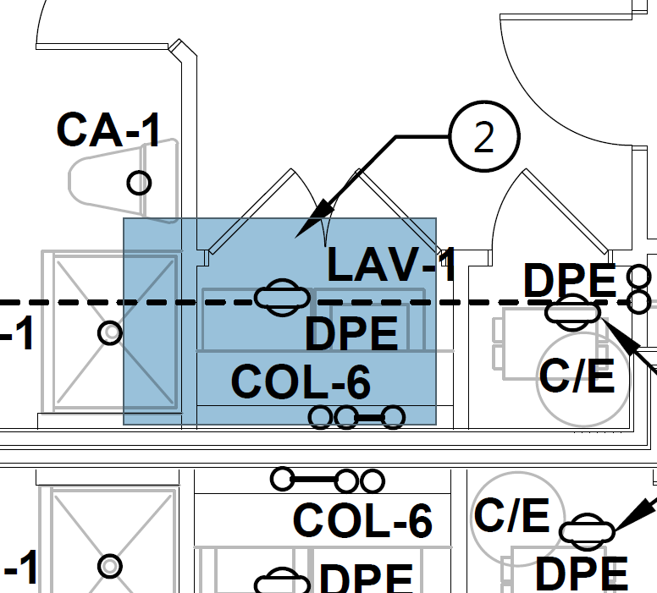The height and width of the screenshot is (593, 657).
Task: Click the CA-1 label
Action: coord(108,129)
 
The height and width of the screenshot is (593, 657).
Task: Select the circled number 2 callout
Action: coord(483,137)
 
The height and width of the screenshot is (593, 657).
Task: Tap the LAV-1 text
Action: coord(391,265)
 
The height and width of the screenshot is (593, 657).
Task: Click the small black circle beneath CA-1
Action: coord(139,182)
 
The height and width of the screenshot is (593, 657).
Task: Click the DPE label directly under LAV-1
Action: coord(351,334)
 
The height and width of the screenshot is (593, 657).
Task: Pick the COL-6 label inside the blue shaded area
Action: coord(301,382)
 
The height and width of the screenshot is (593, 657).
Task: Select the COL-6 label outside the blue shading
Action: coord(362,519)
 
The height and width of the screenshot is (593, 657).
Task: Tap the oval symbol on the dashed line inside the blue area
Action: coord(281,298)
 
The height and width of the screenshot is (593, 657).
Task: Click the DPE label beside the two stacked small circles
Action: coord(570,281)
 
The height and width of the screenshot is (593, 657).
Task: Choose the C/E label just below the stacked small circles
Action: coord(577,376)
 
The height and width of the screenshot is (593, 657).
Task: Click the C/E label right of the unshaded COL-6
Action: coord(511,515)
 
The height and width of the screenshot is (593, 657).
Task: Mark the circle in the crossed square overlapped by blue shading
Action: coord(110,333)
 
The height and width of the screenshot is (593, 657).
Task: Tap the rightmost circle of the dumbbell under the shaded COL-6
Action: coord(393,416)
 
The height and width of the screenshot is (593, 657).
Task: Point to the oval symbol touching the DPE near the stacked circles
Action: coord(572,311)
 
